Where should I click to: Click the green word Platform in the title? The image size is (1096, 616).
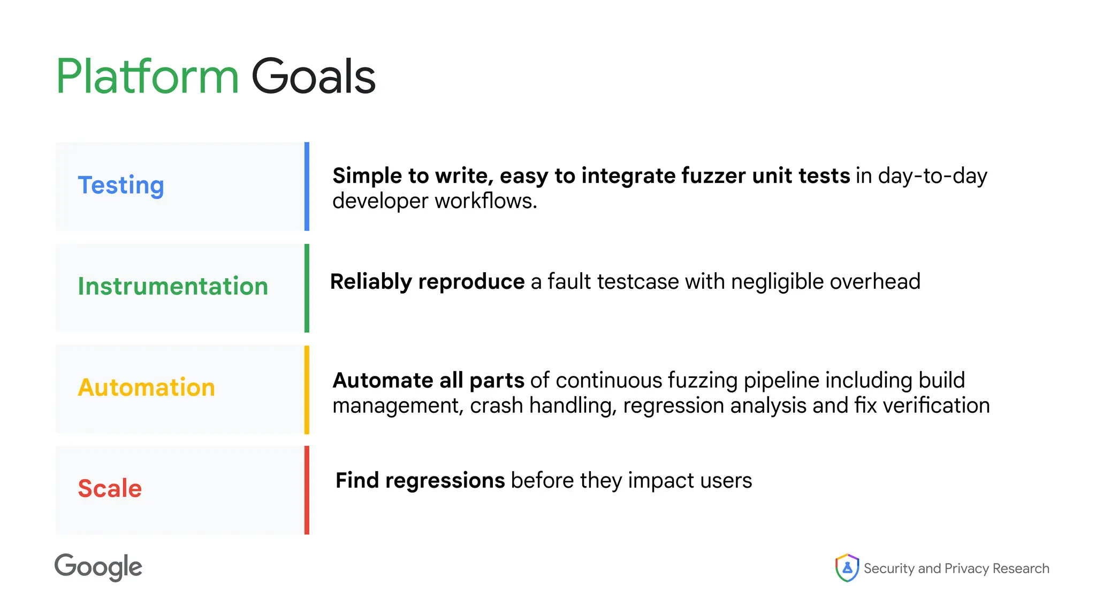click(x=147, y=77)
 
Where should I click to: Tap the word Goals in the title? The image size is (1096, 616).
click(x=313, y=77)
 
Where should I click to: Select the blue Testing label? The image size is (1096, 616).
click(x=121, y=186)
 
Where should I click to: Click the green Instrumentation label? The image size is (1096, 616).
click(x=173, y=286)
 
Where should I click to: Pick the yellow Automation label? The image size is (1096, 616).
click(x=147, y=387)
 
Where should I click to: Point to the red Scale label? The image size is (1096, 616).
click(x=110, y=488)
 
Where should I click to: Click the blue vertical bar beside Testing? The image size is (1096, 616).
click(x=307, y=186)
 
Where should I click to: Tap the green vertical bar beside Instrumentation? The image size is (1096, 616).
click(x=307, y=288)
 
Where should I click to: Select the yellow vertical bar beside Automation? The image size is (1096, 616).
click(x=307, y=389)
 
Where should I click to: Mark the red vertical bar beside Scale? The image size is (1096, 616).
click(x=307, y=490)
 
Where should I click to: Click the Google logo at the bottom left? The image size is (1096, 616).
click(x=98, y=567)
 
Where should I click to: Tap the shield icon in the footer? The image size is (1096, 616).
click(x=847, y=568)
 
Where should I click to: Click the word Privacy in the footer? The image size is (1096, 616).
click(x=966, y=568)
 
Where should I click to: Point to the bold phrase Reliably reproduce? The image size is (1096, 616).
click(x=427, y=282)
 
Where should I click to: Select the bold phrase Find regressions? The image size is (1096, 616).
click(x=420, y=481)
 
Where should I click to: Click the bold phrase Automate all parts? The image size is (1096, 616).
click(x=428, y=381)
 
